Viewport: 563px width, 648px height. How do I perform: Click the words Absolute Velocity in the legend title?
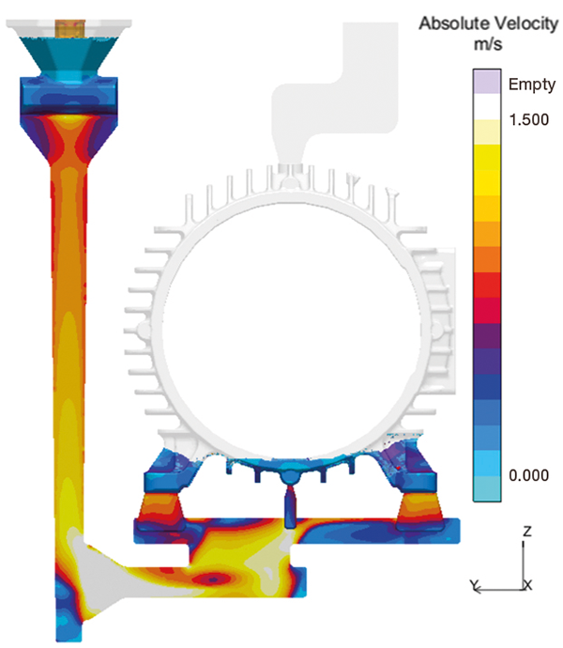(x=489, y=23)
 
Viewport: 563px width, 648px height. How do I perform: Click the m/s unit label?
(x=488, y=43)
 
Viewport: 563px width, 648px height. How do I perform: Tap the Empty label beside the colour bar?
(x=532, y=85)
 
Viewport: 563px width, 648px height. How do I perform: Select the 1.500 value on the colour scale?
(x=528, y=119)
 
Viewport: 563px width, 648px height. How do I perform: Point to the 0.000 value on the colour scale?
(x=528, y=475)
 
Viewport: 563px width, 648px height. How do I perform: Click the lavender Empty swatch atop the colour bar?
(x=487, y=82)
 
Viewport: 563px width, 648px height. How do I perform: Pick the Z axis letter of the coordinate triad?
(x=526, y=531)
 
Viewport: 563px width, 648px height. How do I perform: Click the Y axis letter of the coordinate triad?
(x=475, y=585)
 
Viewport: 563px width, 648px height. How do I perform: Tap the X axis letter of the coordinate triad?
(x=528, y=585)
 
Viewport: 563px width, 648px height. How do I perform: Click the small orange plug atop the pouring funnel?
(x=70, y=28)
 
